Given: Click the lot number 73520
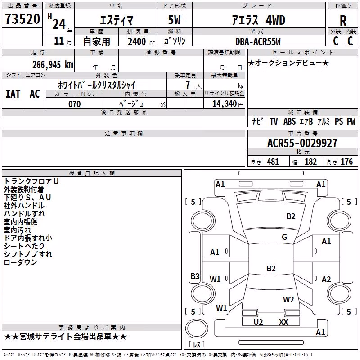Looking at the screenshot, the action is tap(22, 19).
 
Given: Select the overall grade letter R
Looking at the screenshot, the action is tap(343, 21).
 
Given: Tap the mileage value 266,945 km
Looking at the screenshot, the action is tap(53, 65).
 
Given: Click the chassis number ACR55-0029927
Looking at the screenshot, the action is tap(302, 143).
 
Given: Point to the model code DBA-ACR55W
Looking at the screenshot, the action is tap(258, 41).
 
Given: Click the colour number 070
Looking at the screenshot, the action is tap(75, 104).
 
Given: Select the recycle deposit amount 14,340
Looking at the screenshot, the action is tap(225, 104).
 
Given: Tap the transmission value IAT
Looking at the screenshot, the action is tap(13, 94).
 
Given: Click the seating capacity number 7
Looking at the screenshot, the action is tap(188, 85).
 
